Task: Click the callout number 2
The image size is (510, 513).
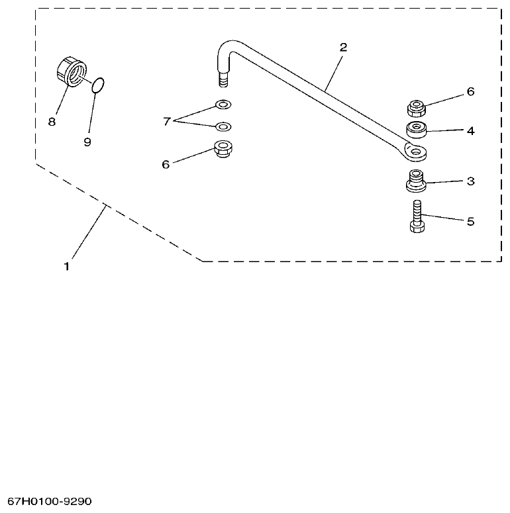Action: pyautogui.click(x=343, y=48)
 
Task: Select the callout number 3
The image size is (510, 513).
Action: pyautogui.click(x=470, y=181)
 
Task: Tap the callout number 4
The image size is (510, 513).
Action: pyautogui.click(x=470, y=130)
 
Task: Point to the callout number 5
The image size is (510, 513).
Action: pyautogui.click(x=470, y=221)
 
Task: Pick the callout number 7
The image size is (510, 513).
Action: pyautogui.click(x=167, y=120)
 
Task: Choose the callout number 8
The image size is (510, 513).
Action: pyautogui.click(x=52, y=121)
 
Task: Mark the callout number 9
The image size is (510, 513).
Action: pyautogui.click(x=87, y=142)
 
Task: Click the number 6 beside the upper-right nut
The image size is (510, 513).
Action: pyautogui.click(x=470, y=91)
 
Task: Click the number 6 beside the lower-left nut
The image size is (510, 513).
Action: pyautogui.click(x=166, y=163)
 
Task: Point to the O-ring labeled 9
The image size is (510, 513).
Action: pyautogui.click(x=98, y=85)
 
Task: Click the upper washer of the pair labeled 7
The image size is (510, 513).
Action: pyautogui.click(x=223, y=105)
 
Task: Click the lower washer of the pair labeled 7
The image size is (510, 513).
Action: pyautogui.click(x=223, y=126)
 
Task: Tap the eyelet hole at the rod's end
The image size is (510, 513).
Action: pyautogui.click(x=415, y=152)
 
